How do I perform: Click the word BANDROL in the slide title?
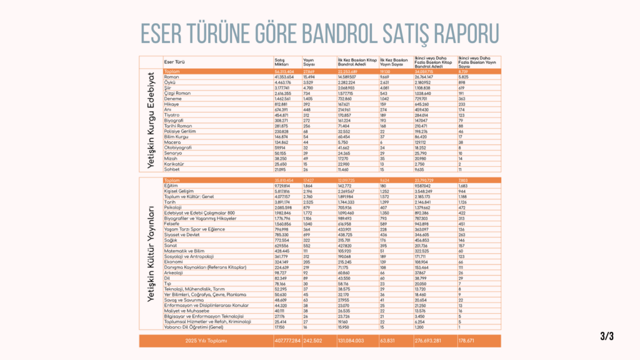pyautogui.click(x=343, y=32)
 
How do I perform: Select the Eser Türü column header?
pyautogui.click(x=173, y=62)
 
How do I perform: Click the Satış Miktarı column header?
pyautogui.click(x=283, y=62)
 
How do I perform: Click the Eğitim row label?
pyautogui.click(x=171, y=186)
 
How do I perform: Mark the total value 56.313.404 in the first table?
pyautogui.click(x=285, y=72)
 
